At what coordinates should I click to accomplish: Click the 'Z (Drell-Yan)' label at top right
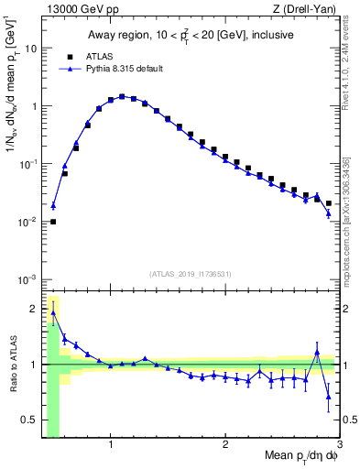click(308, 8)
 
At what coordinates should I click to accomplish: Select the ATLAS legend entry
click(91, 56)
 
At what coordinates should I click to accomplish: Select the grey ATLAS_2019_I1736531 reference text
click(190, 273)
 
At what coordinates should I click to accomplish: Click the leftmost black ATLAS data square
click(53, 222)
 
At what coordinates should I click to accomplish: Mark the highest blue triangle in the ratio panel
click(53, 313)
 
